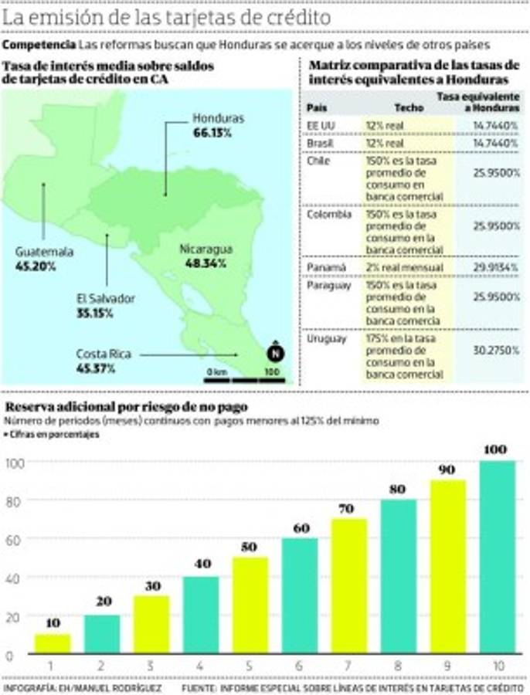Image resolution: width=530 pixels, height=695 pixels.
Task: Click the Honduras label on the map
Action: click(x=218, y=119)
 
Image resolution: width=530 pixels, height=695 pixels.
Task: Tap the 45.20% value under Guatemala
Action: click(x=34, y=266)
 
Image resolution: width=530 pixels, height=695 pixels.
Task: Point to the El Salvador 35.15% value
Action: click(x=94, y=313)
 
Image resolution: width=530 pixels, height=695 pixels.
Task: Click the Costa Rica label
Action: click(x=104, y=354)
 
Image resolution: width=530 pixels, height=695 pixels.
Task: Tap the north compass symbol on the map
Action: click(x=273, y=354)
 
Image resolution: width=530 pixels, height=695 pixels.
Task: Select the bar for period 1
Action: click(x=52, y=644)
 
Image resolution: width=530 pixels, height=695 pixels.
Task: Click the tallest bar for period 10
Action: click(x=496, y=557)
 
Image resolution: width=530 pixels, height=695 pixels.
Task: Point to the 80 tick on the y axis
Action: click(x=15, y=500)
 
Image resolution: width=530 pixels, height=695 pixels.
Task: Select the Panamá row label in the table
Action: click(x=322, y=267)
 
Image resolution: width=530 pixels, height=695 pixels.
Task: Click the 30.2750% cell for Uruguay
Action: click(x=496, y=350)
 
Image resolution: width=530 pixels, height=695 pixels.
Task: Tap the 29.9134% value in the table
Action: click(x=496, y=267)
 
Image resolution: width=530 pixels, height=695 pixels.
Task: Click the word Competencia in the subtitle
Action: click(x=39, y=46)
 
